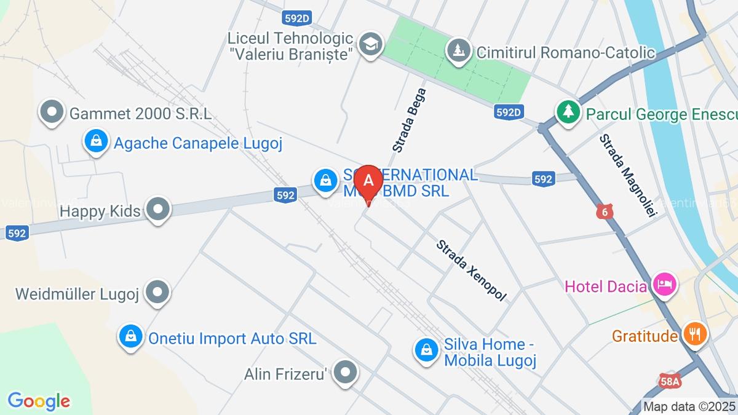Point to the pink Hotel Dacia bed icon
click(665, 284)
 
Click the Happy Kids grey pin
click(159, 208)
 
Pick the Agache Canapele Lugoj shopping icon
click(97, 141)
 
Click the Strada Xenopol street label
click(472, 271)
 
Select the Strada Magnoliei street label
click(629, 175)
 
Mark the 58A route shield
click(669, 382)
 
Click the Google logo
click(39, 401)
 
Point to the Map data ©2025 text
click(689, 406)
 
